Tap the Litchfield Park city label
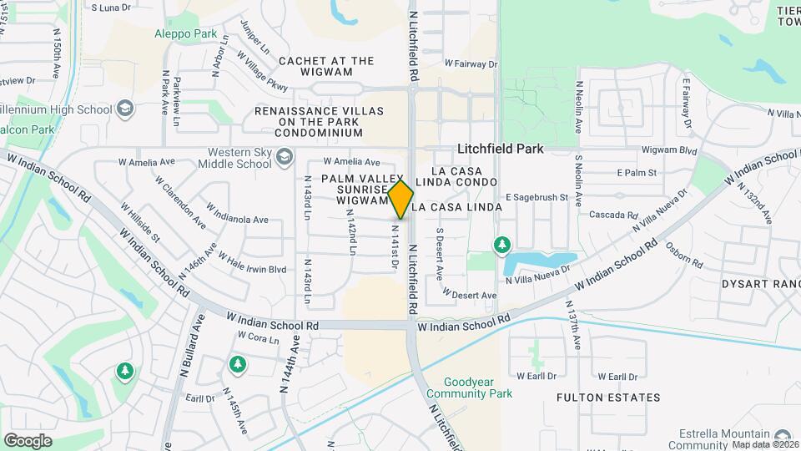coord(500,149)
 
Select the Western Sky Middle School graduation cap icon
coord(285,156)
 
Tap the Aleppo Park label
coord(185,34)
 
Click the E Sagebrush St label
coord(541,197)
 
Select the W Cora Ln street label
coord(258,337)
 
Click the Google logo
coord(28,440)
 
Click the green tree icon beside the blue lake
coord(501,244)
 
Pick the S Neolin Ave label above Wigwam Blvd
coord(577,107)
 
